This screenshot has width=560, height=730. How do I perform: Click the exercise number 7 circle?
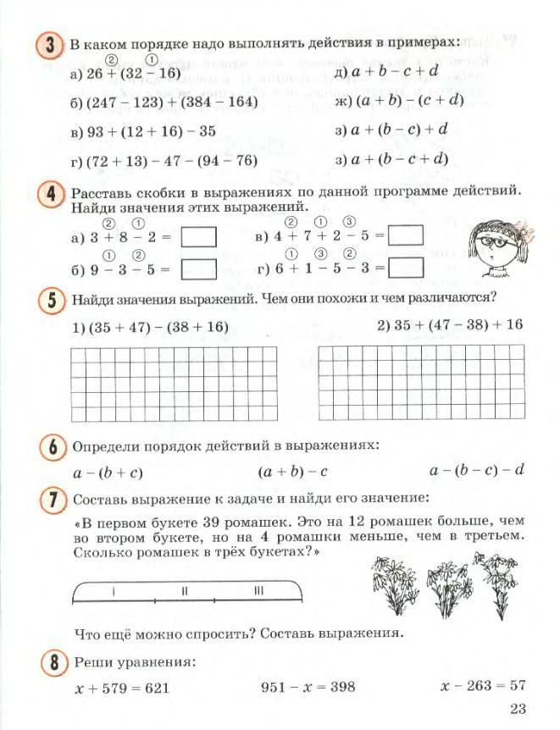pyautogui.click(x=53, y=500)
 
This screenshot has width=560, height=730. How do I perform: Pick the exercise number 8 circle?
pyautogui.click(x=53, y=662)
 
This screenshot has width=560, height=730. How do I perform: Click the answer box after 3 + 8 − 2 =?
pyautogui.click(x=199, y=237)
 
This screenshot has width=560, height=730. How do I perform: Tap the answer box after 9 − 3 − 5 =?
pyautogui.click(x=199, y=269)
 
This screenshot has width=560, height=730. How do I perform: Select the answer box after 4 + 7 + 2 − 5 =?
pyautogui.click(x=405, y=235)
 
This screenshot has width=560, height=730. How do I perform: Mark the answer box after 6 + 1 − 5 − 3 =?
pyautogui.click(x=405, y=268)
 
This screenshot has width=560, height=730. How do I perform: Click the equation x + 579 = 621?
pyautogui.click(x=122, y=688)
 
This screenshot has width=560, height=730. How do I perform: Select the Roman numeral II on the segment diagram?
pyautogui.click(x=184, y=591)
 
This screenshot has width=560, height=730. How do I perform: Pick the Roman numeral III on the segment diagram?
pyautogui.click(x=258, y=591)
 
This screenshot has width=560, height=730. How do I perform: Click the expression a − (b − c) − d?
pyautogui.click(x=478, y=470)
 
